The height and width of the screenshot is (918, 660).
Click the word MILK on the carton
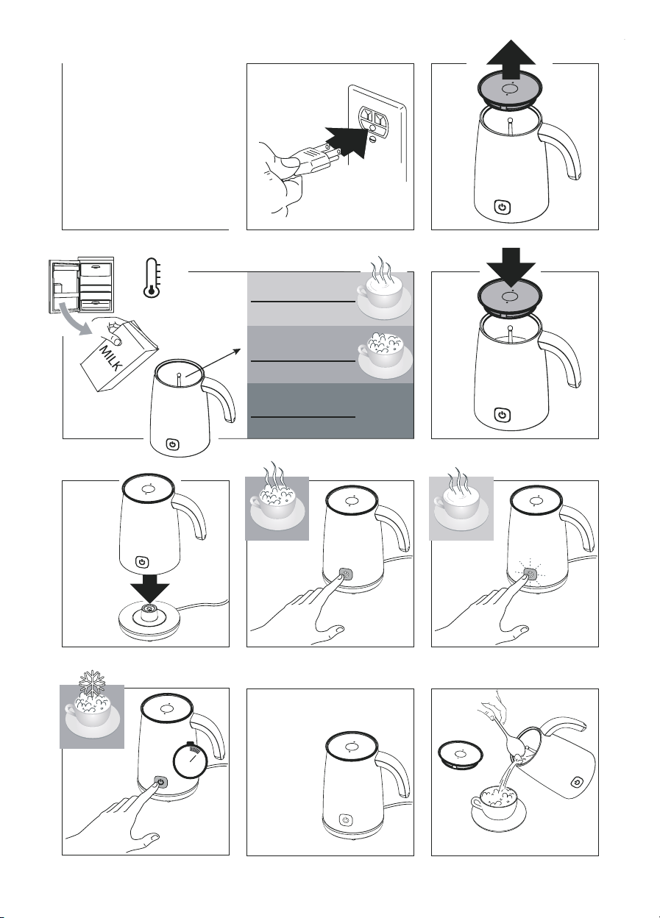110,358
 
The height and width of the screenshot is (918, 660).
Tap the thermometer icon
152,277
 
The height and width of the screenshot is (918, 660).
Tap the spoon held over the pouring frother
508,731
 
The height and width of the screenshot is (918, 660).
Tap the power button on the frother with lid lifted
502,207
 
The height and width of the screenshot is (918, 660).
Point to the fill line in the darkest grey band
302,417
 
